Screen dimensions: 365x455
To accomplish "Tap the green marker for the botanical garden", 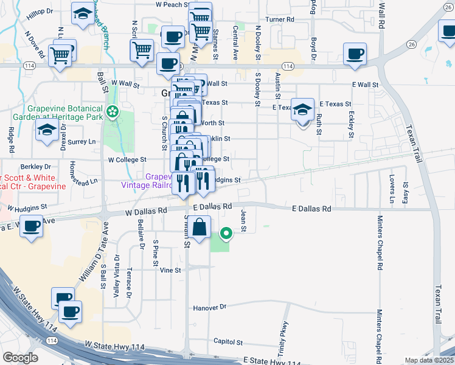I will click(112, 111).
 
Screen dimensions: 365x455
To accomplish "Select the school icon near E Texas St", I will click(302, 109).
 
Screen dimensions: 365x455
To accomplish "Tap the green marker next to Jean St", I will click(226, 232).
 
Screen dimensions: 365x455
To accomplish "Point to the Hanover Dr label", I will click(209, 308).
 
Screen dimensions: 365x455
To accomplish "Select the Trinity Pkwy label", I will click(284, 335).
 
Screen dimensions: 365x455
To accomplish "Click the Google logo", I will click(20, 357).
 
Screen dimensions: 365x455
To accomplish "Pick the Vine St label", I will click(170, 270).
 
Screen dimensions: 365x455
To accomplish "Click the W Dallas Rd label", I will click(145, 213).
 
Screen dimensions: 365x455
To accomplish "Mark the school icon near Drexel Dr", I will click(47, 130).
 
